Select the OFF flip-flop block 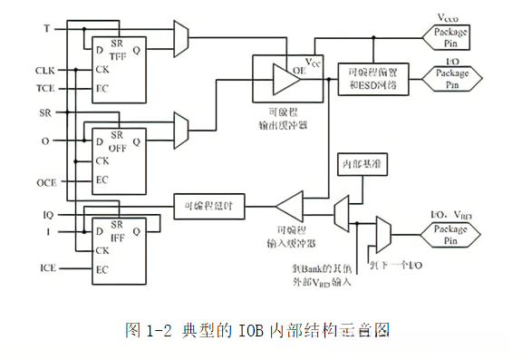pos(119,160)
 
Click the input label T pos(46,29)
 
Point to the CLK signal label pos(45,70)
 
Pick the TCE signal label pos(45,89)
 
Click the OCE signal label pos(46,181)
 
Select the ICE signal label pos(48,269)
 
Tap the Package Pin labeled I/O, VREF pos(450,235)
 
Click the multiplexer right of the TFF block pos(180,37)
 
